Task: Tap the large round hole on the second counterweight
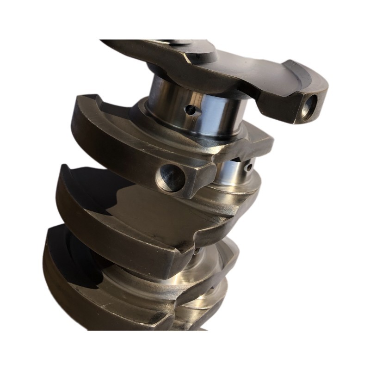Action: tap(167, 175)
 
